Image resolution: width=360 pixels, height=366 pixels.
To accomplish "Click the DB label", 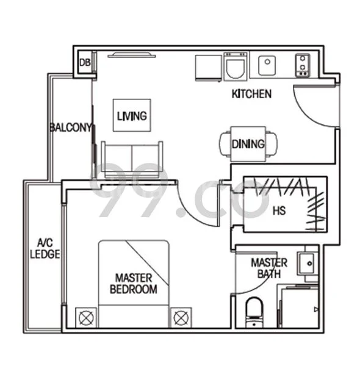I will point(84,63).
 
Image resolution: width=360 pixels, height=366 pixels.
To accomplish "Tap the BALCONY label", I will point(70,127).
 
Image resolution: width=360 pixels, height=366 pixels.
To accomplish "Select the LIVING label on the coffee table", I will point(131,115).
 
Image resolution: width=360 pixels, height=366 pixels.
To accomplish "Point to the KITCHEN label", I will point(251,94).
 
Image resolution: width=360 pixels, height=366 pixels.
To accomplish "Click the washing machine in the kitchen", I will point(235,66).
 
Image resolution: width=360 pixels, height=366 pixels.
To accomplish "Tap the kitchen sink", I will point(268,64).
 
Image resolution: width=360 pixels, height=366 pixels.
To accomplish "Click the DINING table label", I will point(248,145).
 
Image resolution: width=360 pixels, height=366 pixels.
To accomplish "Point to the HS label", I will point(279,211).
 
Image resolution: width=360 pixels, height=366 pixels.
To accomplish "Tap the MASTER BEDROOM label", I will point(133,284).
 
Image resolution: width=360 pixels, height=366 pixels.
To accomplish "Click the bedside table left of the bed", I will point(84,317).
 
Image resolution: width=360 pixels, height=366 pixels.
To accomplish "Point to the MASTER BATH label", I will point(269,268).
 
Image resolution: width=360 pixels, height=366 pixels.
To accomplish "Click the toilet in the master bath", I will point(252,313).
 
